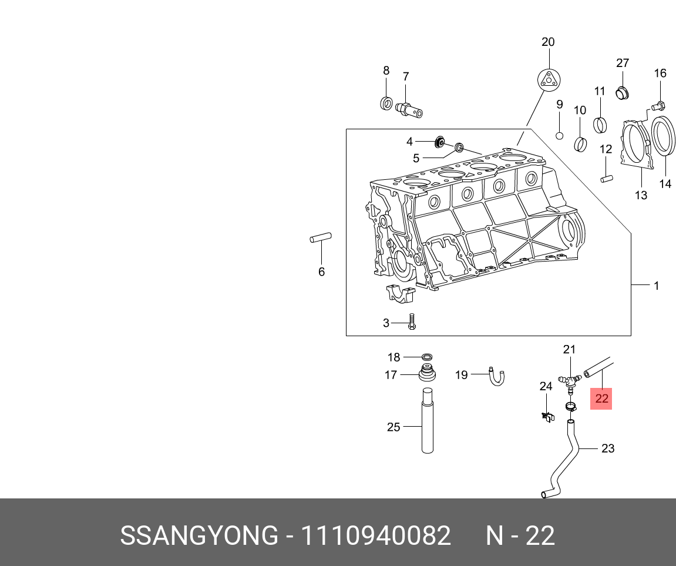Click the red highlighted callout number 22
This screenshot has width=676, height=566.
(601, 399)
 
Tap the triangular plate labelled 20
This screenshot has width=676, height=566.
(549, 79)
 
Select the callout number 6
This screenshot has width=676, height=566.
(321, 272)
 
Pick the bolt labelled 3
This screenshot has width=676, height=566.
(412, 321)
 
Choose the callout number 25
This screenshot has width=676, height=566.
(394, 427)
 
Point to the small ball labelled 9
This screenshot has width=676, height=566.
(560, 136)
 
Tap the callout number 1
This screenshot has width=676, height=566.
(656, 286)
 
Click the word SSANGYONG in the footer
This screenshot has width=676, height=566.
(199, 536)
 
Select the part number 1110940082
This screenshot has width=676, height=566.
(376, 536)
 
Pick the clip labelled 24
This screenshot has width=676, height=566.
(547, 417)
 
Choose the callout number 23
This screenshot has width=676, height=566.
(607, 448)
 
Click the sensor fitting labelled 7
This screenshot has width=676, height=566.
(409, 109)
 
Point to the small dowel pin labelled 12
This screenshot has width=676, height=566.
(606, 176)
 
